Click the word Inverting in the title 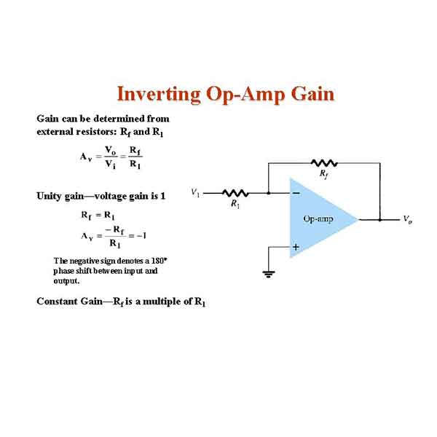(159, 95)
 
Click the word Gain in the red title (312, 94)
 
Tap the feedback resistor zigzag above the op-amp (324, 163)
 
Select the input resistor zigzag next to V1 (235, 193)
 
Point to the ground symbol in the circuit (268, 275)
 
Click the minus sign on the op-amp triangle (296, 193)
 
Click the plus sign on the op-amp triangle (296, 247)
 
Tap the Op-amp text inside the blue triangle (318, 219)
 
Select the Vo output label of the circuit (407, 220)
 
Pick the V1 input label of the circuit (195, 192)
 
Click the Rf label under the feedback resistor (323, 174)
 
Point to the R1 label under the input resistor (235, 204)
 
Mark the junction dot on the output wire (380, 220)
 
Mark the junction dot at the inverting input (268, 193)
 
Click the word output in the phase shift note (66, 281)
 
